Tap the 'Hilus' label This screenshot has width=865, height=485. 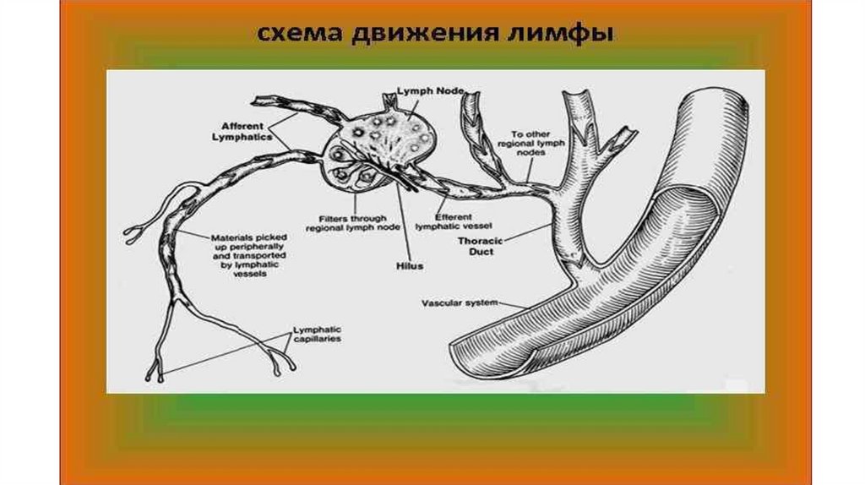tap(410, 265)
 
